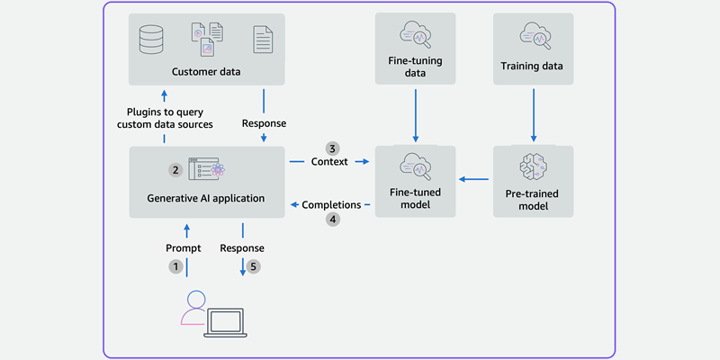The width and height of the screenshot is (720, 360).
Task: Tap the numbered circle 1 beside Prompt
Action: (176, 266)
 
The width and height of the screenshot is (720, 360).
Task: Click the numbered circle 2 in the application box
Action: (175, 168)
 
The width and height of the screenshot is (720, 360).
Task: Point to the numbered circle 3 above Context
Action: (332, 148)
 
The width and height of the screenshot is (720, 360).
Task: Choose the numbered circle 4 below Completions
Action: (332, 219)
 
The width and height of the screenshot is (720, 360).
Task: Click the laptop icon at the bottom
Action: (226, 320)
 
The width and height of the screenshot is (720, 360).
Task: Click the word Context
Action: (330, 163)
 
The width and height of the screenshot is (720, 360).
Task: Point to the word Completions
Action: (331, 204)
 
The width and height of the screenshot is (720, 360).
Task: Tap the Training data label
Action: (535, 66)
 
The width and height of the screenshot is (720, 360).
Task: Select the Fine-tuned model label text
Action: (414, 198)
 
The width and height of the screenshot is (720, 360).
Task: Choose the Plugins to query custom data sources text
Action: (165, 117)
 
